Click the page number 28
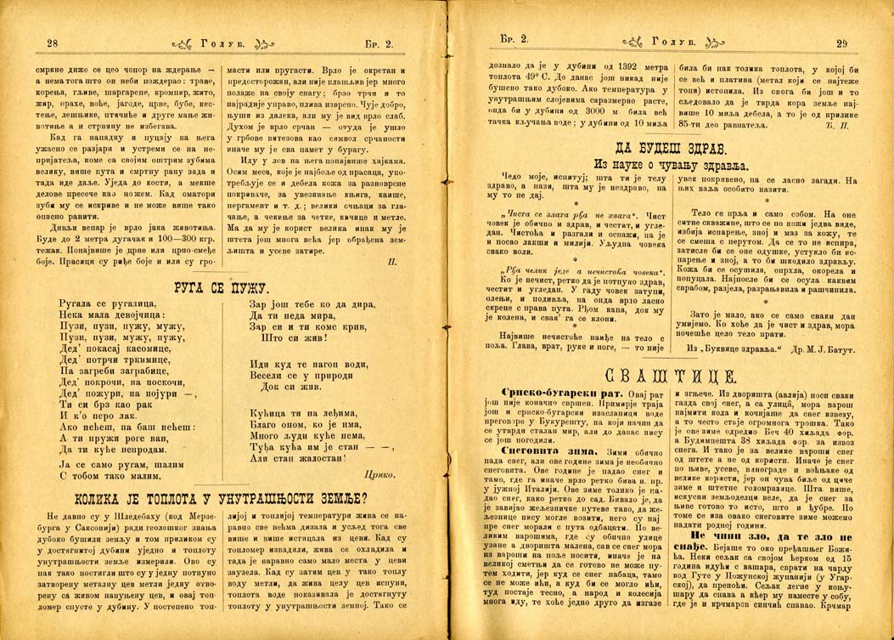[51, 42]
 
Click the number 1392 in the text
[620, 66]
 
